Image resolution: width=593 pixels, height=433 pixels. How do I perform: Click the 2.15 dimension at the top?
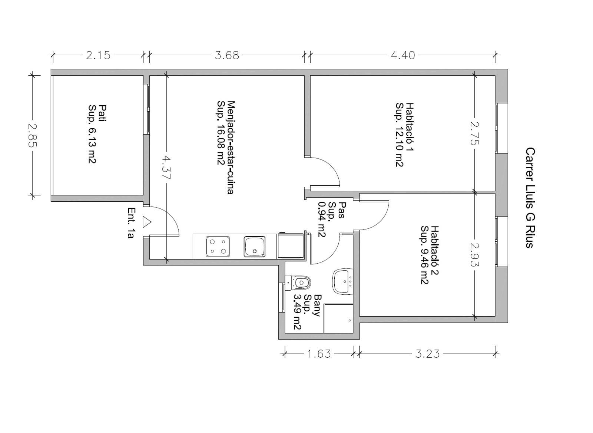pos(98,56)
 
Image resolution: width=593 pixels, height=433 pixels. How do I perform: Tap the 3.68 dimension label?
pos(227,56)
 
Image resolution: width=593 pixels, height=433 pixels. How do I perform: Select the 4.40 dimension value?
pos(403,56)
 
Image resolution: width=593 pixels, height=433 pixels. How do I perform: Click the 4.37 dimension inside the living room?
pos(166,168)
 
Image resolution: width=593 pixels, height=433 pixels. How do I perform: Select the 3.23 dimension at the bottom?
pos(427,354)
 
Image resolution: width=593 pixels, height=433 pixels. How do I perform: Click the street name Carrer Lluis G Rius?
pos(530,198)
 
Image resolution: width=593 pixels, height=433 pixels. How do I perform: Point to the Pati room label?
pos(102,113)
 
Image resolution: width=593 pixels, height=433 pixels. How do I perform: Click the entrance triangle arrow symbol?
pos(147,222)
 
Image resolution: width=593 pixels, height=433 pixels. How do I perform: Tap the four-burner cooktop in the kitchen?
pos(218,246)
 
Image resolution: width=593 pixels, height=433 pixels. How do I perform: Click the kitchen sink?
pos(254,246)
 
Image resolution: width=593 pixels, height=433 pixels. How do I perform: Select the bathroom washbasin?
pos(343,281)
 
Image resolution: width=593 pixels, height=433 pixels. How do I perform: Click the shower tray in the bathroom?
pos(339,318)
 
